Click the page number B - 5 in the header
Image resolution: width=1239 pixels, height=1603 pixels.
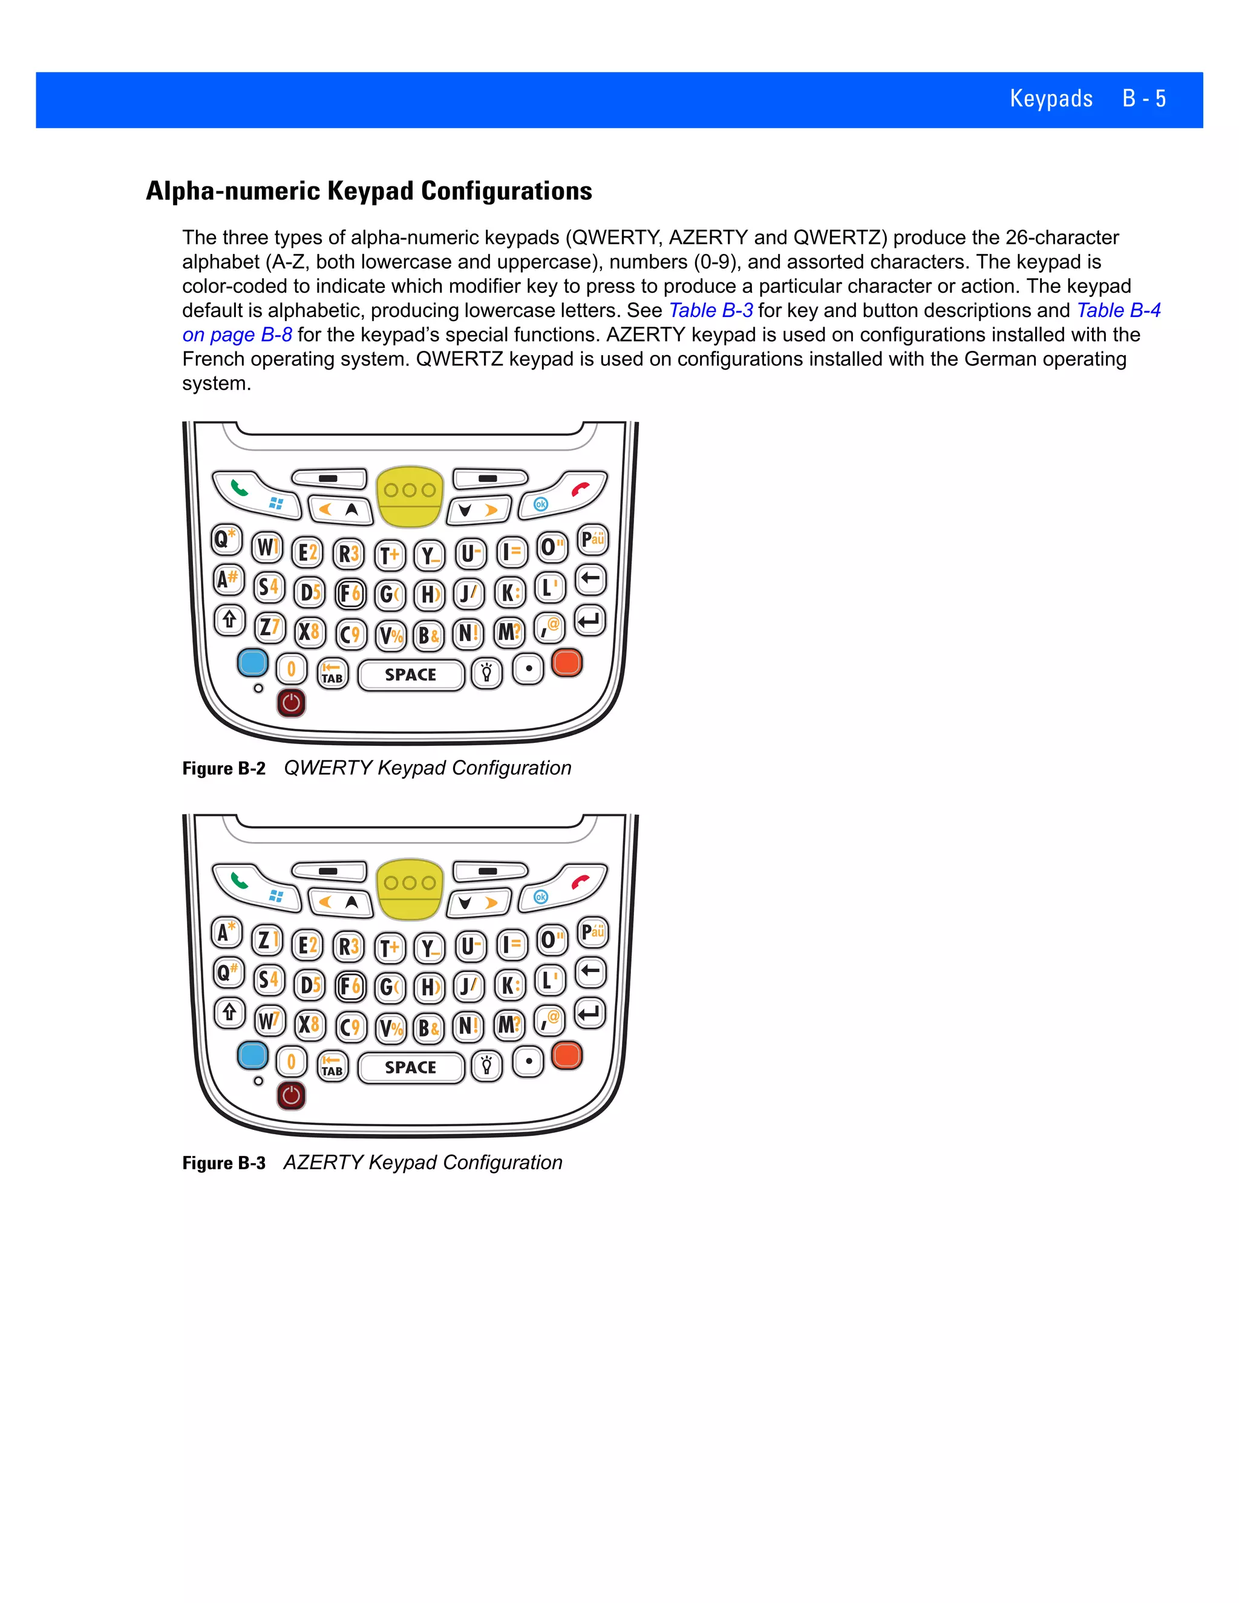tap(1143, 99)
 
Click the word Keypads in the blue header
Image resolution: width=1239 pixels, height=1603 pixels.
tap(1050, 99)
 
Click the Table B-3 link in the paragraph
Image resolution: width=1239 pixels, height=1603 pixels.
tap(710, 310)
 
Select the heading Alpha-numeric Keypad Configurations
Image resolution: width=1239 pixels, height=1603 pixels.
tap(368, 191)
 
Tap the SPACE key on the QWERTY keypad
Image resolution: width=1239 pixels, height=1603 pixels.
tap(410, 674)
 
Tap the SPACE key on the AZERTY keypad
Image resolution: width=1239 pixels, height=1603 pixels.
tap(410, 1067)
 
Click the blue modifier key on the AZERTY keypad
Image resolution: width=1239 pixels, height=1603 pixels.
tap(252, 1056)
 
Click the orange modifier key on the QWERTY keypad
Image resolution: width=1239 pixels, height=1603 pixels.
tap(567, 663)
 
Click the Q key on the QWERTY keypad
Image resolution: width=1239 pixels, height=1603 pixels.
tap(224, 540)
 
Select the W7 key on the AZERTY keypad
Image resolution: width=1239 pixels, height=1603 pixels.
tap(269, 1020)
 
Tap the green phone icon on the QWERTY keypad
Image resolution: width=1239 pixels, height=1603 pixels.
tap(238, 486)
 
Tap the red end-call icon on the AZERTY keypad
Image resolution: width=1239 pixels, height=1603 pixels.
tap(581, 881)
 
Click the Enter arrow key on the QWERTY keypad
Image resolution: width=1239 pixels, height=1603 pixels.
tap(589, 622)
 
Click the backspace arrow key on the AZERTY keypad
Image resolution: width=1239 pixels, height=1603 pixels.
tap(589, 972)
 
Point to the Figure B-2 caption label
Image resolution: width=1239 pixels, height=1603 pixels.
tap(224, 768)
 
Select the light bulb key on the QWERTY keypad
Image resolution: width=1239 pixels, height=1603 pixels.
tap(486, 673)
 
